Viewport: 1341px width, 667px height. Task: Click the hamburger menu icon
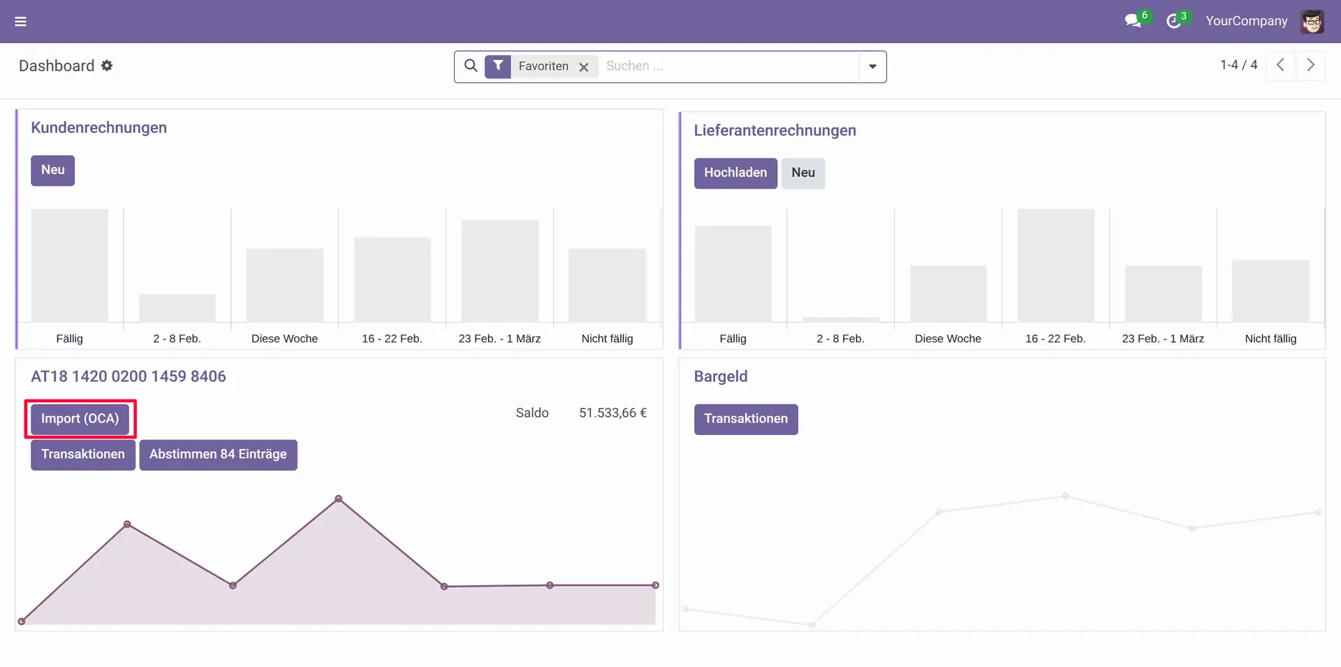pos(21,22)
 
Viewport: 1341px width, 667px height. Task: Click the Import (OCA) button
pos(80,419)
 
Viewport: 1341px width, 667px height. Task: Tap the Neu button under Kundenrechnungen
pos(52,170)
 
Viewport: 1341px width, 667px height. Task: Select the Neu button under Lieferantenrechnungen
pos(803,173)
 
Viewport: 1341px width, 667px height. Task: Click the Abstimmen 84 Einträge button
pos(218,455)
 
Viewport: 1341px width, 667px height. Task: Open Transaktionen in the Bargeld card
pos(745,419)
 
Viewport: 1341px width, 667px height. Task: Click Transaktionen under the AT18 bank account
pos(82,455)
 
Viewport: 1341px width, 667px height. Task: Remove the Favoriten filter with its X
pos(584,67)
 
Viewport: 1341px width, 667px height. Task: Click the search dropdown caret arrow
pos(872,67)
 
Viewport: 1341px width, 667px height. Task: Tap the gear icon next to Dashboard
pos(107,66)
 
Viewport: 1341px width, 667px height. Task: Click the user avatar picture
pos(1312,22)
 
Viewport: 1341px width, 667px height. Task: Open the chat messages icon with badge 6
pos(1133,22)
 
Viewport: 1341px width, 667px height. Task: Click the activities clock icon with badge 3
pos(1173,22)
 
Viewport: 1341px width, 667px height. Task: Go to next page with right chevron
pos(1310,65)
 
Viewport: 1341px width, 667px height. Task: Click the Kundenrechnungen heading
pos(98,128)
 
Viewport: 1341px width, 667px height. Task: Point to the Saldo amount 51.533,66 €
pos(613,413)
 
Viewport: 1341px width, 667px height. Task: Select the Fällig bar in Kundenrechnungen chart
pos(70,265)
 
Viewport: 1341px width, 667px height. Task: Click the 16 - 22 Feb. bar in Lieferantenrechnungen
pos(1055,265)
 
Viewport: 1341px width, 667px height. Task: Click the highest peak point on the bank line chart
pos(339,499)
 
